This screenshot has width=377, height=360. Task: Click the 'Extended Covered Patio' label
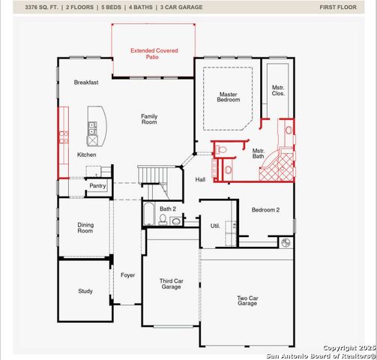pos(153,53)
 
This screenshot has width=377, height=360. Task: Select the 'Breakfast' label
pos(85,82)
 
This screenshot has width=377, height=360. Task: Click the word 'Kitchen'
pos(87,154)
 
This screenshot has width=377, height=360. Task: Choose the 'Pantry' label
pos(97,185)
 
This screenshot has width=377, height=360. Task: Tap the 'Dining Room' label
pos(85,228)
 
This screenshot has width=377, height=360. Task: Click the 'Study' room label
pos(85,291)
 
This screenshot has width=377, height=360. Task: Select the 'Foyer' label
pos(128,275)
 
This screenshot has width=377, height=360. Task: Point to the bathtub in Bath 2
pos(148,215)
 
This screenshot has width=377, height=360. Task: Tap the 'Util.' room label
pos(215,225)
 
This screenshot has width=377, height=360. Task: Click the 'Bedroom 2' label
pos(265,210)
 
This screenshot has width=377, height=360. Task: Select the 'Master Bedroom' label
pos(229,97)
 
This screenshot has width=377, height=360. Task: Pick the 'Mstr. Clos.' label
pos(278,90)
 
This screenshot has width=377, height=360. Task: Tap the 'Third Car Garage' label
pos(171,283)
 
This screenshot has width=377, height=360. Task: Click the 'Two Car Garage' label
pos(248,301)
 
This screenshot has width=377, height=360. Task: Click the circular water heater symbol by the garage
pos(285,242)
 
